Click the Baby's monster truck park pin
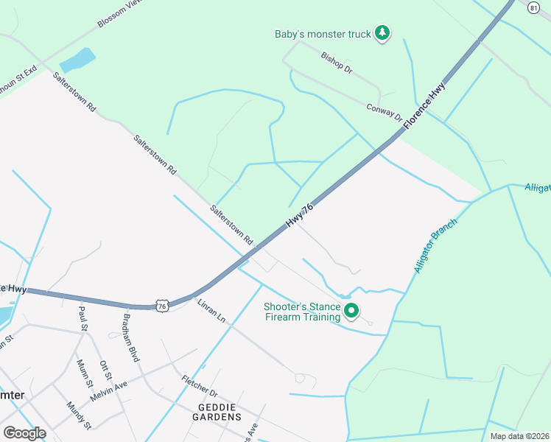click(382, 32)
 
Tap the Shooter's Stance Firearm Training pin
click(351, 312)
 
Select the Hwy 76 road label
click(300, 216)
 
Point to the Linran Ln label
click(211, 311)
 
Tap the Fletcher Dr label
click(200, 387)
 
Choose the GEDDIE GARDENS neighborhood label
click(209, 417)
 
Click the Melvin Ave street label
click(108, 390)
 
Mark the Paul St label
click(83, 318)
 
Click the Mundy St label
click(78, 415)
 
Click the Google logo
click(24, 433)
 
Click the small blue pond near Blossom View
click(78, 60)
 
